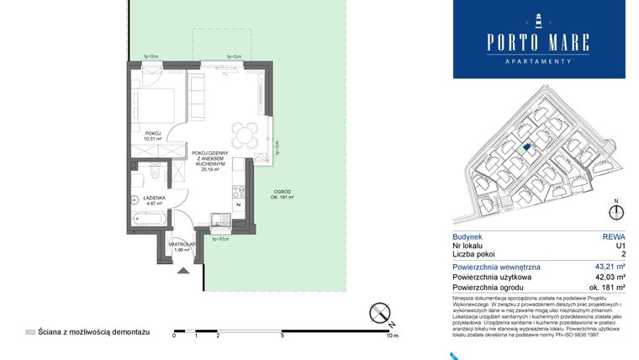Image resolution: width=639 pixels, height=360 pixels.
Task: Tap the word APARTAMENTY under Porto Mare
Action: point(539,61)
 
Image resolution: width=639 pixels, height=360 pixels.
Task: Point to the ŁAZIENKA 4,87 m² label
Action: point(152,200)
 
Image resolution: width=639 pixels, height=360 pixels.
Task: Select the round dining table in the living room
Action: point(246,135)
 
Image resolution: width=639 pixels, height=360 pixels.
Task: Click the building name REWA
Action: point(615,237)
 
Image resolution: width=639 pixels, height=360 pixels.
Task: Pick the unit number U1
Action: point(621,246)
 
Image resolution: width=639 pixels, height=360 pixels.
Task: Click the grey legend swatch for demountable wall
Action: point(30,333)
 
